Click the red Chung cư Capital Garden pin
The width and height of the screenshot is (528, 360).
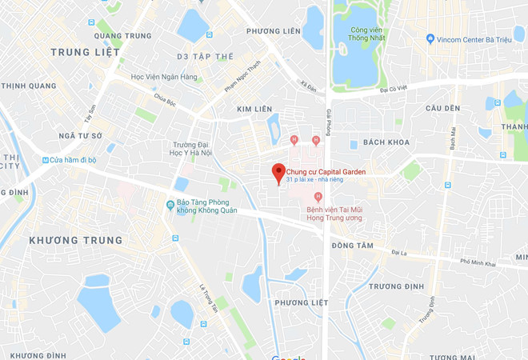coord(278,172)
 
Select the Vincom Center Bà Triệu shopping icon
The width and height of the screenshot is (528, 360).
coord(430,38)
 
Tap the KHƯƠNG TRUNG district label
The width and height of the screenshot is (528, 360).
coord(76,240)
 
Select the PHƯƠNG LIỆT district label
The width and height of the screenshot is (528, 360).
coord(302,302)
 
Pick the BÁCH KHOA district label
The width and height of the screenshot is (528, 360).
coord(386,142)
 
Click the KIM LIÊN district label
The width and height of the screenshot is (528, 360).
coord(255,108)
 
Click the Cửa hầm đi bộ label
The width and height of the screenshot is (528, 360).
coord(73,160)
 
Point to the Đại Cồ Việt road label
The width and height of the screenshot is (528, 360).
coord(394,90)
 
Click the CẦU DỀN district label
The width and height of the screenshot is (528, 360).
coord(442,108)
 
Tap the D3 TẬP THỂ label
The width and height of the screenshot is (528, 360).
coord(206,57)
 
